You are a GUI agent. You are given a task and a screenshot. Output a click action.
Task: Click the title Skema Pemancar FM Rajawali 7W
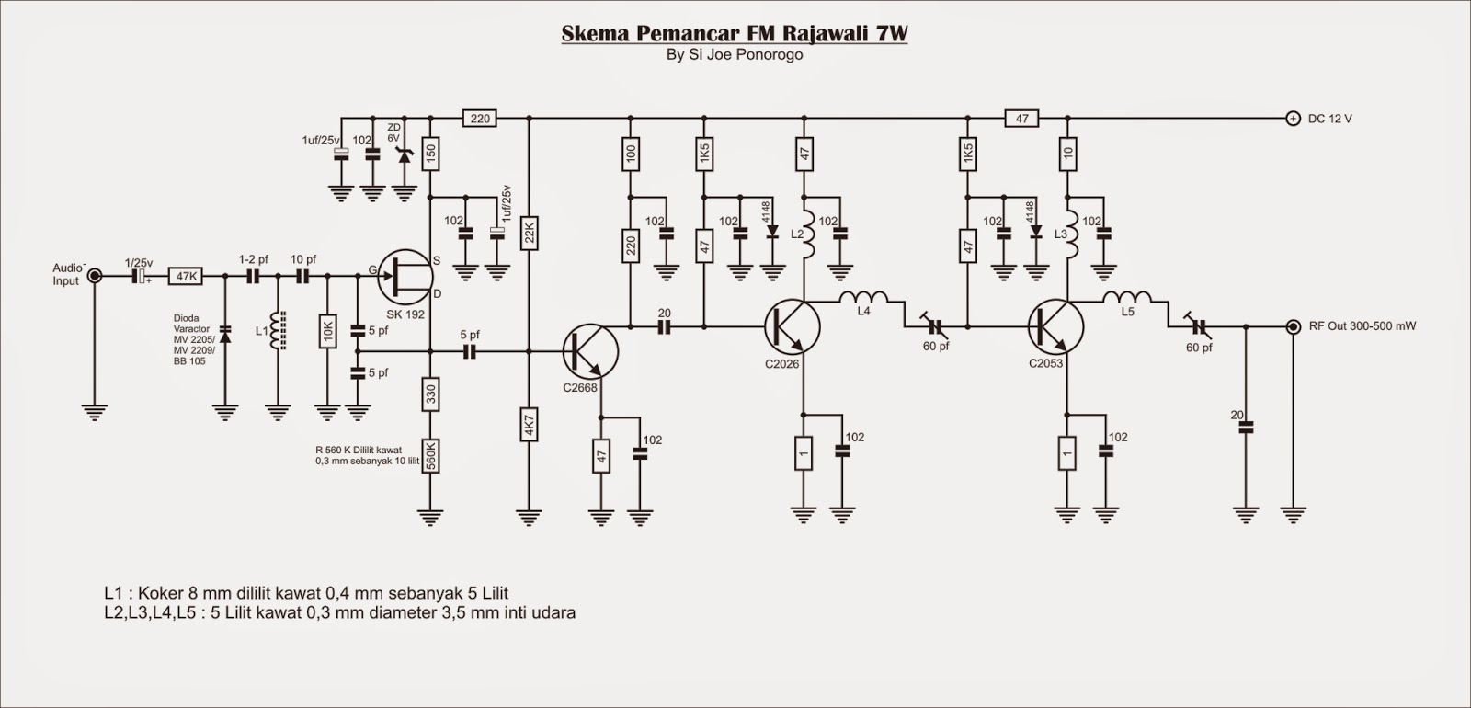(735, 34)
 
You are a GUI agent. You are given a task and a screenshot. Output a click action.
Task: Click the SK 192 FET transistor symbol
(405, 276)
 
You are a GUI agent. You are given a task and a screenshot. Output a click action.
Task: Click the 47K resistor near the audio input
(187, 276)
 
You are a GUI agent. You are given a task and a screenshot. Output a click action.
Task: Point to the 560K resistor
(430, 456)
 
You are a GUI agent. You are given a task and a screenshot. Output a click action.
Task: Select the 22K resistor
(529, 234)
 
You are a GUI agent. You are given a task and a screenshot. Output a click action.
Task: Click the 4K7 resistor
(529, 428)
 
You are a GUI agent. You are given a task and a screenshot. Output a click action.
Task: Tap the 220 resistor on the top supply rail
(480, 119)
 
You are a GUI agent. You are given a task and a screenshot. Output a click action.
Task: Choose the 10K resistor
(328, 332)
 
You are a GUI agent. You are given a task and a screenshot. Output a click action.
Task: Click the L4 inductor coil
(863, 298)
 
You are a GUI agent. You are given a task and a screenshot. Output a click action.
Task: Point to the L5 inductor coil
(1127, 298)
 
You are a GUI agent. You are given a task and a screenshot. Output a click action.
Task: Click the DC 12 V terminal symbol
(1293, 119)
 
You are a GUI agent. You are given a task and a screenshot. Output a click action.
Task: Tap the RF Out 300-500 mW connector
(1293, 326)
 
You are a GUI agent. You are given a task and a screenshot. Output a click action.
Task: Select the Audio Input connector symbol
(95, 275)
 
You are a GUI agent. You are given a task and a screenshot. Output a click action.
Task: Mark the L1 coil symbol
(277, 332)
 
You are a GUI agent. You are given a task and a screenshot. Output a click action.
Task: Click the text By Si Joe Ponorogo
(735, 54)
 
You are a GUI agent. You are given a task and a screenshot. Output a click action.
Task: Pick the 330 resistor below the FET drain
(430, 396)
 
